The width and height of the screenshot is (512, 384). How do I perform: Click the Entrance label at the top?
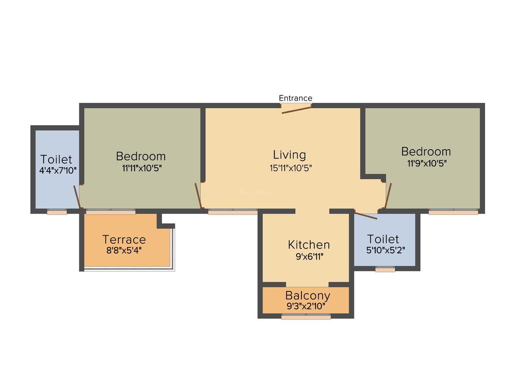295,98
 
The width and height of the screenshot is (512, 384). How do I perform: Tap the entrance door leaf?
297,109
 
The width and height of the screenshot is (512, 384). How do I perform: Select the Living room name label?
289,155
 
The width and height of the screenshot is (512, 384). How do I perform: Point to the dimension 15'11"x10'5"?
291,168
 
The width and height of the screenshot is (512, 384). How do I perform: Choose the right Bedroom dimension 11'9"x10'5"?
426,163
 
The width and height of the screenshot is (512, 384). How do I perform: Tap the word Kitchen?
309,245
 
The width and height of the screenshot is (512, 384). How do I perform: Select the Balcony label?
307,295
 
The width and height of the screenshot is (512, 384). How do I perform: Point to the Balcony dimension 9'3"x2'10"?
306,306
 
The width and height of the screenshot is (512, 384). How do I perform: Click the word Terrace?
124,240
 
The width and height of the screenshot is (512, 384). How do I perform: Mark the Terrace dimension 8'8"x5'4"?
124,250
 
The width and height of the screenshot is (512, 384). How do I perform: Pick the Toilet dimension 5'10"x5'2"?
385,249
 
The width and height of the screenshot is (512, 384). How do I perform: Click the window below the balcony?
306,316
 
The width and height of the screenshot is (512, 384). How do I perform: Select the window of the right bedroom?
453,212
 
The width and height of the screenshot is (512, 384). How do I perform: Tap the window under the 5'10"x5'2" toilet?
385,269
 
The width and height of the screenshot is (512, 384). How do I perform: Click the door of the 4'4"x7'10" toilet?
77,197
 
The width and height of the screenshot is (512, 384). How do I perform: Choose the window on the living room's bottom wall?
233,212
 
